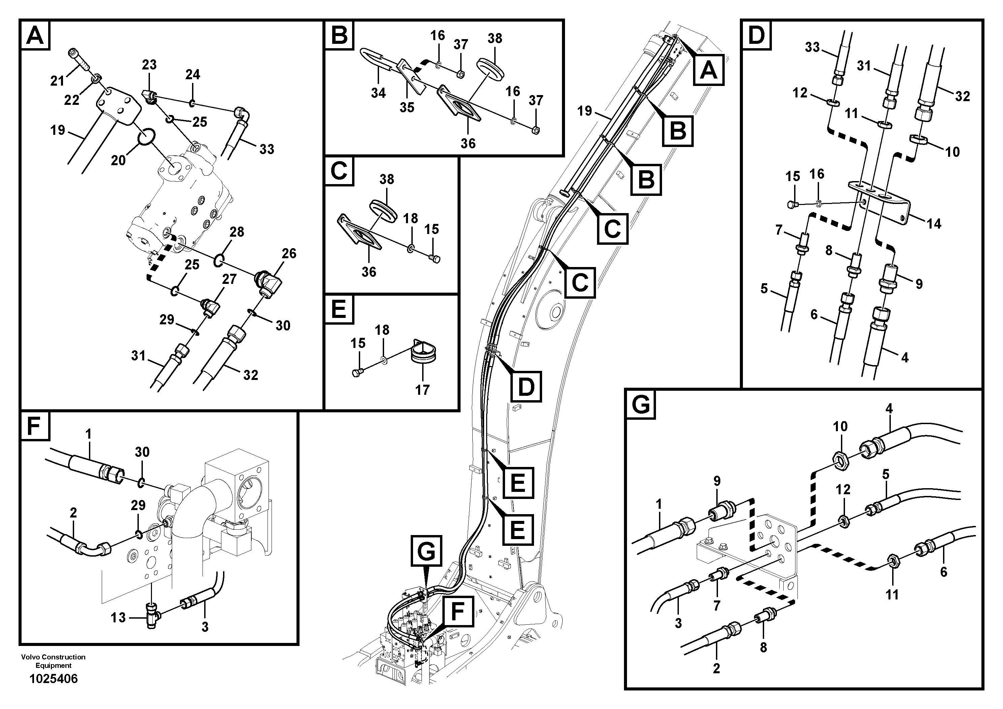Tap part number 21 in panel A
point(57,81)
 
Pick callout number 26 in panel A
point(289,254)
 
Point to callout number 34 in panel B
point(378,93)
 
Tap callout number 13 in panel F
point(118,618)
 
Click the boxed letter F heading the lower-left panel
point(34,426)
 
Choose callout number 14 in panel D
point(934,224)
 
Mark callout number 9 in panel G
point(717,481)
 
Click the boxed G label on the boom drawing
point(426,552)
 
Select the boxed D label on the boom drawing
point(526,386)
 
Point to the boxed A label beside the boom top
point(709,70)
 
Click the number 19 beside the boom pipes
point(585,111)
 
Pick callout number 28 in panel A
point(237,232)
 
